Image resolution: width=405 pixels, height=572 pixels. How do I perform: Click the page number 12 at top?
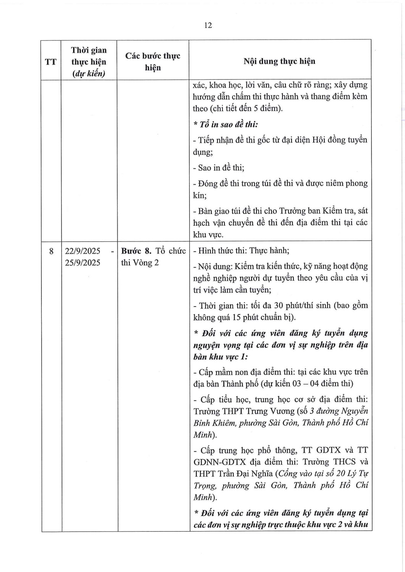click(208, 26)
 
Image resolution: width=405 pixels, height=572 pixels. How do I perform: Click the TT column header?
click(51, 62)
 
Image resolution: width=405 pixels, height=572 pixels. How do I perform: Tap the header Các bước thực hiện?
click(153, 62)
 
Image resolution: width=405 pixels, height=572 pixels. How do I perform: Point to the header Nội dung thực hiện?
click(279, 61)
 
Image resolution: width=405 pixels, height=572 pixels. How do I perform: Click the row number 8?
click(51, 251)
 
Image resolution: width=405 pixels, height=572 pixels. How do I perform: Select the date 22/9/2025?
click(82, 251)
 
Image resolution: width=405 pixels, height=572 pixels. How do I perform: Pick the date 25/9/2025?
click(82, 263)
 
